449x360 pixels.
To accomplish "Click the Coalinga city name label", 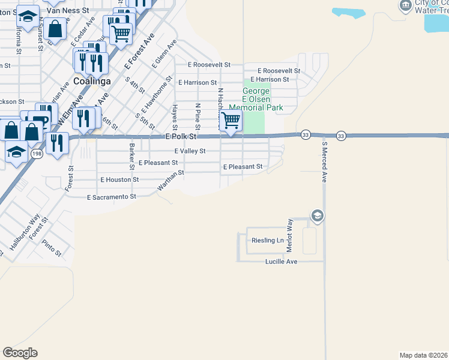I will click(92, 81).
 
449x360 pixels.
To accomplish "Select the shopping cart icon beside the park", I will click(231, 121).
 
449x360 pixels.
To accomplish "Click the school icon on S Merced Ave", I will click(317, 215).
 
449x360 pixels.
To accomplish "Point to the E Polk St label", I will click(181, 137).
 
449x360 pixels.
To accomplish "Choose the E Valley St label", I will click(190, 151).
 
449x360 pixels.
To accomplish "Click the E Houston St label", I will click(119, 179).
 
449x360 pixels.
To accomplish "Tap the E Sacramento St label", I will click(112, 197).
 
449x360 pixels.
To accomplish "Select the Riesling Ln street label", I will click(267, 241).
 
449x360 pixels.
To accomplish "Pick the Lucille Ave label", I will click(282, 262).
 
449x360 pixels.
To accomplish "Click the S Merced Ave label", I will click(324, 162).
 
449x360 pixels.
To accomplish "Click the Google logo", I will click(20, 353).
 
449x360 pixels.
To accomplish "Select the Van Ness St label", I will click(68, 10).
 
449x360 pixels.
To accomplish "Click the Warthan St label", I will click(170, 181).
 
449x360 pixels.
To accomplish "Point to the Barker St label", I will click(131, 152).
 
